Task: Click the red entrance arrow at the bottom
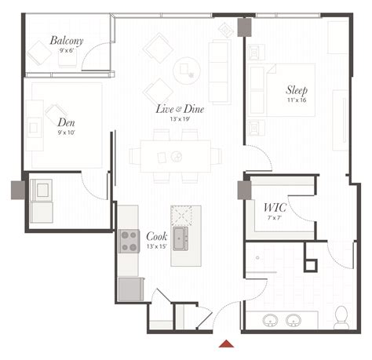[x=227, y=343]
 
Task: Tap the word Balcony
[x=67, y=41]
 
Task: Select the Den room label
[x=67, y=122]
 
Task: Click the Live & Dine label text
[x=180, y=109]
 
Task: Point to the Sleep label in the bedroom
[x=297, y=90]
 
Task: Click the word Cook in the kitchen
[x=155, y=236]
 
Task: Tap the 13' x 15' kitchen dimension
[x=156, y=246]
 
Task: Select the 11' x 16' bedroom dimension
[x=297, y=100]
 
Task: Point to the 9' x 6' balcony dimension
[x=67, y=51]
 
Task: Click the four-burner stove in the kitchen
[x=129, y=241]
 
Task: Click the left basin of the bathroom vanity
[x=271, y=320]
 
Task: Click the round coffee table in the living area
[x=187, y=70]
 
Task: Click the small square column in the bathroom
[x=311, y=264]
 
